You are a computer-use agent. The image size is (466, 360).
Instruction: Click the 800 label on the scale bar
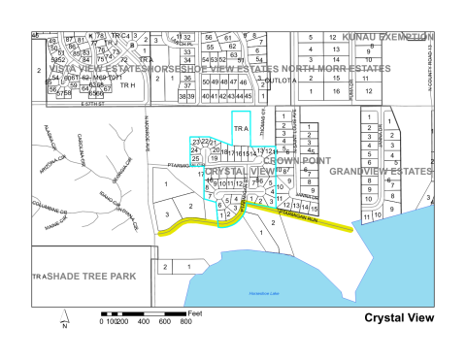(187, 321)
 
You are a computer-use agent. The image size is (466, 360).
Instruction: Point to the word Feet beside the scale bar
(195, 312)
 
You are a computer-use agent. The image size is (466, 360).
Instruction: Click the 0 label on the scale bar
(104, 321)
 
